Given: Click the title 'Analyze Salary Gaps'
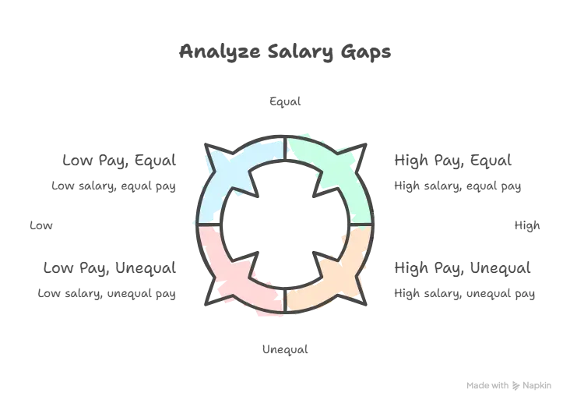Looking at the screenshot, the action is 285,51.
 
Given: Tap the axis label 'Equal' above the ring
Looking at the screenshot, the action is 285,101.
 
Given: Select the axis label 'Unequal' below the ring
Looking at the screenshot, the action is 285,349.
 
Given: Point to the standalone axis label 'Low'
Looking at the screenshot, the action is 41,225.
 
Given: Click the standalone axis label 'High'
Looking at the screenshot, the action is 527,226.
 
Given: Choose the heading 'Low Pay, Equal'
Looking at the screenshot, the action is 119,161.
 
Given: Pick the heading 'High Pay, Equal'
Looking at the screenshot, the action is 453,161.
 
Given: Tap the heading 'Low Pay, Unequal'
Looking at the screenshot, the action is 110,268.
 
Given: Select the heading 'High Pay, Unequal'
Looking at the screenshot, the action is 463,268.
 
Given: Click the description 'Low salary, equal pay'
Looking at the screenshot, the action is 114,186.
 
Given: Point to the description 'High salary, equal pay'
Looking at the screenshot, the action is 458,186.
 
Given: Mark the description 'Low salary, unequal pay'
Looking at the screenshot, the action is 107,293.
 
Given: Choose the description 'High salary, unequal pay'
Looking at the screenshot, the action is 465,293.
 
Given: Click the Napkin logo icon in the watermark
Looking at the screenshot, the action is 515,386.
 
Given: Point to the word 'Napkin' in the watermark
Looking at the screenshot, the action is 537,385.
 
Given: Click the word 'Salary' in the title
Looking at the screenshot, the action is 301,52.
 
